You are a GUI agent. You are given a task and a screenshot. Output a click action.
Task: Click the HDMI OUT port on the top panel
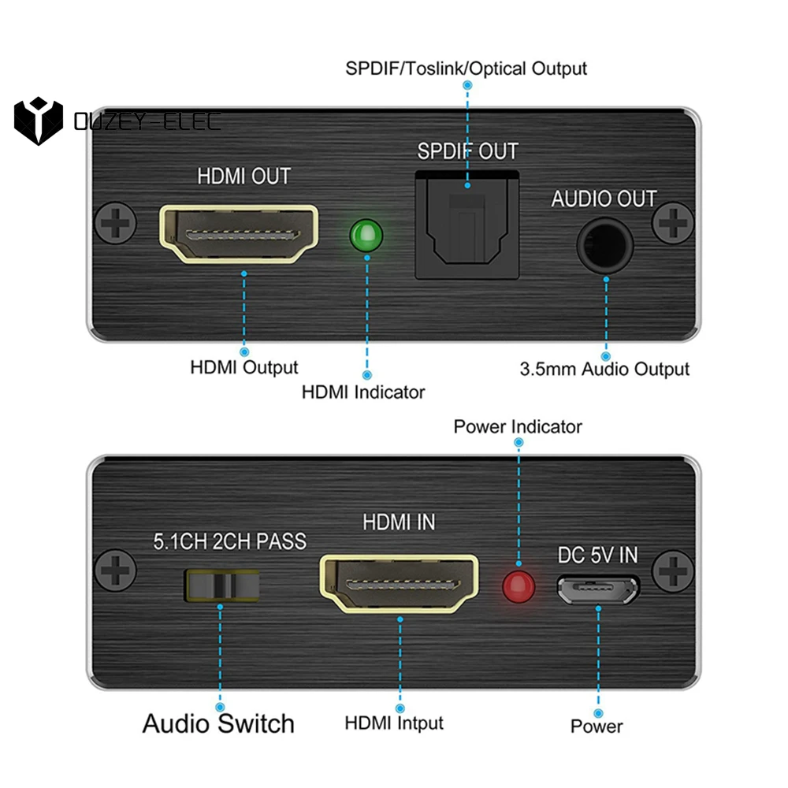239,233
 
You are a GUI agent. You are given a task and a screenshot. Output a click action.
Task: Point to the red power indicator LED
519,585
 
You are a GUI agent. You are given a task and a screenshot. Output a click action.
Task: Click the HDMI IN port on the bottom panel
399,585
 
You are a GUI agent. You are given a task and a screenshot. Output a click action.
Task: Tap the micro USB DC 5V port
598,589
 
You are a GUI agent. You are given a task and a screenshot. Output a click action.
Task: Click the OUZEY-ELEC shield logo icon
38,121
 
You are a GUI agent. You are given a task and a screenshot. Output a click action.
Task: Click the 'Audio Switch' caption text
218,723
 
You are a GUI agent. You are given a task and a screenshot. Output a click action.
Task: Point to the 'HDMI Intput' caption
394,723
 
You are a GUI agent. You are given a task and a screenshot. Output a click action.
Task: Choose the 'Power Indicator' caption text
518,426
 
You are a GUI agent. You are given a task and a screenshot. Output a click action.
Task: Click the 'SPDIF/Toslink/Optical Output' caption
466,68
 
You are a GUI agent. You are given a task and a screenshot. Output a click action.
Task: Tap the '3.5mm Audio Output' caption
604,369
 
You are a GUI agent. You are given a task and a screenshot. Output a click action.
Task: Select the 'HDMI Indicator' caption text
363,392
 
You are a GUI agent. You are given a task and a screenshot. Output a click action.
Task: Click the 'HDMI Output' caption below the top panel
244,367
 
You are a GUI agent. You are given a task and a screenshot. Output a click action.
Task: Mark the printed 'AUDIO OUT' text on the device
604,199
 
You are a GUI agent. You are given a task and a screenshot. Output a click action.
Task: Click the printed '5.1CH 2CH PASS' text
229,541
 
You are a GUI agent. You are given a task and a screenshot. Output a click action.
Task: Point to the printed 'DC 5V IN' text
598,556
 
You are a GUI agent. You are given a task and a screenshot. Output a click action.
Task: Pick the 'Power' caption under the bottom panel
597,726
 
